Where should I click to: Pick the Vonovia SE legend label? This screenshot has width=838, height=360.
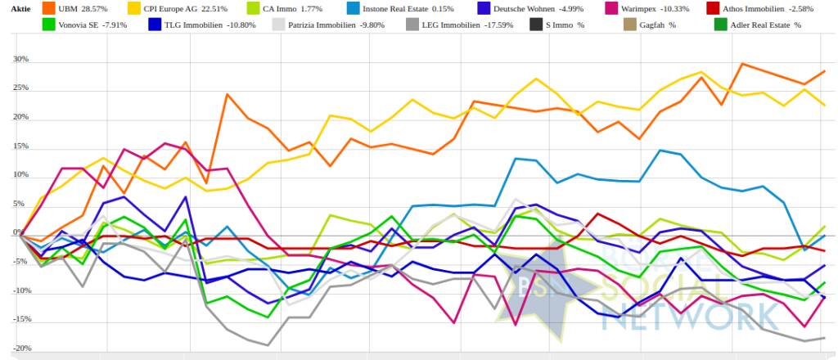(81, 25)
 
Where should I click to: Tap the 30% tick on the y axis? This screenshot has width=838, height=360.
(20, 60)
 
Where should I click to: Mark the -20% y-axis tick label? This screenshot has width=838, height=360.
(20, 349)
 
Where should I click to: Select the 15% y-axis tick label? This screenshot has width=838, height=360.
(20, 146)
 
